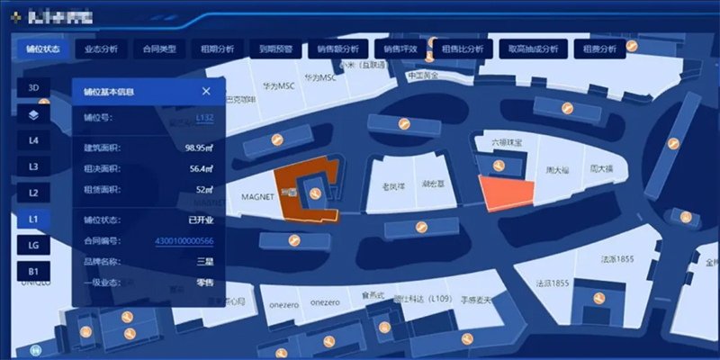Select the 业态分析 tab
click(101, 49)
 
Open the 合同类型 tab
click(159, 49)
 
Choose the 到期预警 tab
click(275, 49)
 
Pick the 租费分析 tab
click(599, 49)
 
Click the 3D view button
click(33, 88)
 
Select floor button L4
click(33, 140)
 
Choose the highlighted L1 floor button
click(33, 219)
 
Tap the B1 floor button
click(33, 271)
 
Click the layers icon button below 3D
click(33, 114)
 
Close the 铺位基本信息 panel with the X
click(206, 91)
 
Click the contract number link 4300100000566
click(184, 240)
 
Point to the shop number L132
click(204, 118)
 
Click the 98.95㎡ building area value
click(198, 148)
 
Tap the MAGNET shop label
click(257, 195)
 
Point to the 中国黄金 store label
click(422, 76)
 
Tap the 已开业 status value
click(200, 220)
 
